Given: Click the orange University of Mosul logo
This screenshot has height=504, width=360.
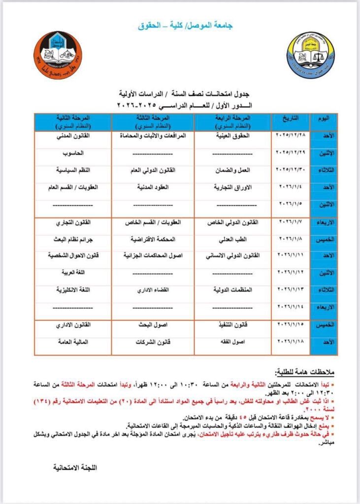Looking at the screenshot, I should tap(58, 56).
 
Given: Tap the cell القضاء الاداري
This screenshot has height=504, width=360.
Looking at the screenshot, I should tap(153, 289).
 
